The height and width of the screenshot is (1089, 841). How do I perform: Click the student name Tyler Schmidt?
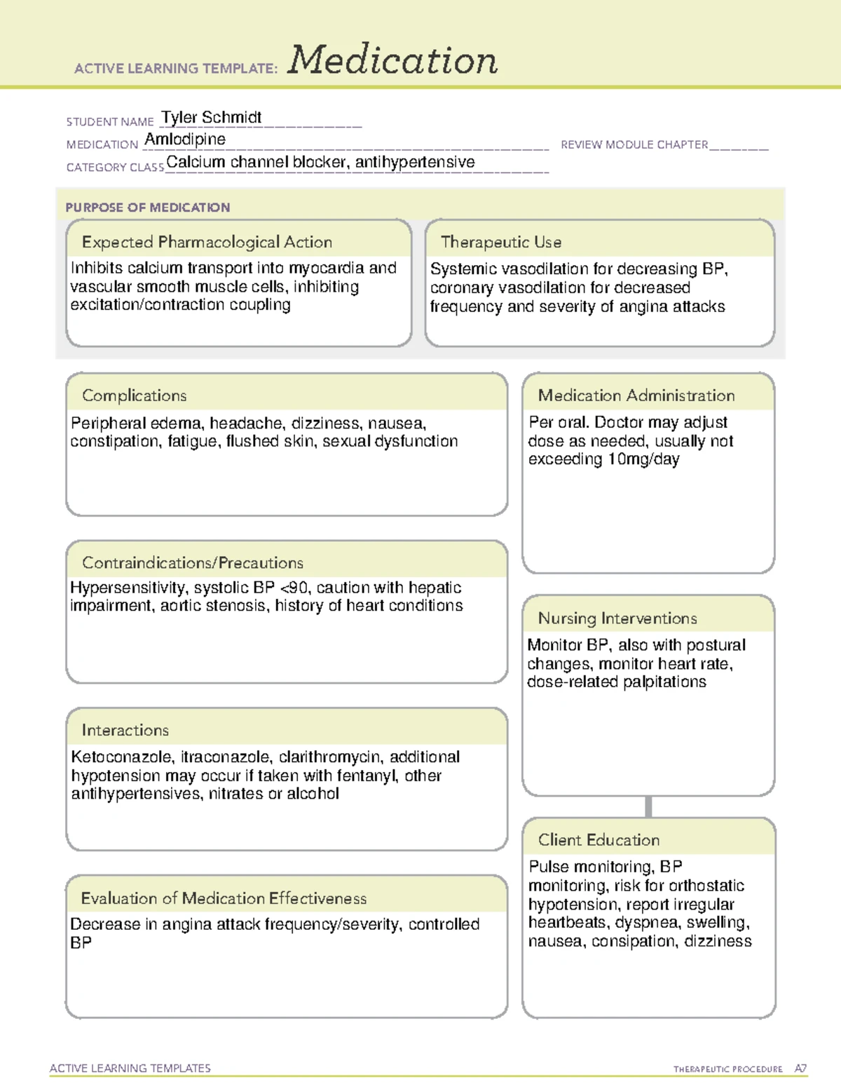click(211, 117)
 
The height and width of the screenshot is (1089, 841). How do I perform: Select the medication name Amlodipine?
click(185, 140)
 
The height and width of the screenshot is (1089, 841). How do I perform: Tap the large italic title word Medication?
click(392, 60)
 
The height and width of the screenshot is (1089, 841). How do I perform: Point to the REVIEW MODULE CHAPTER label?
click(634, 144)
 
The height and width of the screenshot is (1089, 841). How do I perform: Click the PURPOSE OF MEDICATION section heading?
click(148, 208)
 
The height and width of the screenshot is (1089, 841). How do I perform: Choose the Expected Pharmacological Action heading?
click(207, 242)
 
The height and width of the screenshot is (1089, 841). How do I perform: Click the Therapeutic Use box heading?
click(501, 242)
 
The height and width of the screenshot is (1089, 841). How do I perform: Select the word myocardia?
click(327, 268)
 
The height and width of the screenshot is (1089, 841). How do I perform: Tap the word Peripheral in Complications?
click(103, 423)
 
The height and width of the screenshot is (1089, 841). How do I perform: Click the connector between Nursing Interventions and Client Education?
click(648, 806)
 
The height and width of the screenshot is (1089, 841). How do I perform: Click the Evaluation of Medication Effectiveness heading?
click(224, 898)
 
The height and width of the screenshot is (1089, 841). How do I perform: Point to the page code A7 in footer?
click(800, 1069)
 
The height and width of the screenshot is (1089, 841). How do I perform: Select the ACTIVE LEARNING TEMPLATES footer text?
click(130, 1068)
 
